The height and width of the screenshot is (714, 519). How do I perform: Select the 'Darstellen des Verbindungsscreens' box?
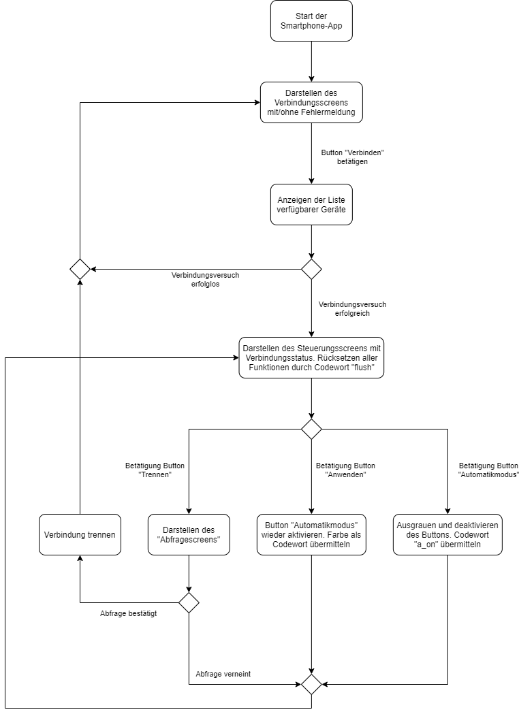pos(311,102)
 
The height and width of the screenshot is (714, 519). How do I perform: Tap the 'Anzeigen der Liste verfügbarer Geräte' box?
pos(311,204)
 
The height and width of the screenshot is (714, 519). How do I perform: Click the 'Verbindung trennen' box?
pos(80,534)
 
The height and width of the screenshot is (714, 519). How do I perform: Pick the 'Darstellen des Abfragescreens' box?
pos(189,534)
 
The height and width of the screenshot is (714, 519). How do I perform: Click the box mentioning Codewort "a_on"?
pos(447,534)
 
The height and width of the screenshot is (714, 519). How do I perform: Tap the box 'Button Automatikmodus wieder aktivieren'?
pos(311,534)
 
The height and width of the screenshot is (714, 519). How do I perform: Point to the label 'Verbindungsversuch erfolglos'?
pos(205,280)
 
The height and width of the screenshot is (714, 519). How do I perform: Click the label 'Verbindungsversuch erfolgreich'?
pos(352,310)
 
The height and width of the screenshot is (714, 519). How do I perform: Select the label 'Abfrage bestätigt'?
pos(129,613)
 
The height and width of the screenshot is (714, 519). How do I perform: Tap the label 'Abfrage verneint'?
pos(223,674)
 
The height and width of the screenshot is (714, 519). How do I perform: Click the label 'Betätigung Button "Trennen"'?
pos(155,470)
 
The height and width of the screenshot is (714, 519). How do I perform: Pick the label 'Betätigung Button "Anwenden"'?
pos(345,470)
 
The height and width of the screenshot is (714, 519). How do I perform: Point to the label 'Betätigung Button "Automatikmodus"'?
pos(488,470)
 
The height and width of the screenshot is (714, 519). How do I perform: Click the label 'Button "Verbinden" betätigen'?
pos(348,158)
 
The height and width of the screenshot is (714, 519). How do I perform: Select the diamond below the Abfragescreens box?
pos(189,602)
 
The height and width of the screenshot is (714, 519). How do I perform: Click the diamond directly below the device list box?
pos(311,269)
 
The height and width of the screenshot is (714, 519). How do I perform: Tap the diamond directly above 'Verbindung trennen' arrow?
pos(80,269)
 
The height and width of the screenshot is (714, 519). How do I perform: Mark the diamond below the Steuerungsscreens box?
pos(311,429)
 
